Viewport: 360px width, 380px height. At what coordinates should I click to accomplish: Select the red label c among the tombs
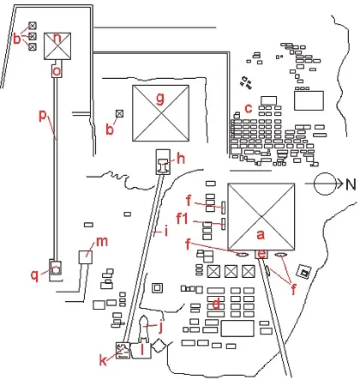(x=249, y=107)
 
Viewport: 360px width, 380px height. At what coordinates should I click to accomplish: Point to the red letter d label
(x=218, y=303)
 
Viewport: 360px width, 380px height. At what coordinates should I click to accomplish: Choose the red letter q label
(x=34, y=274)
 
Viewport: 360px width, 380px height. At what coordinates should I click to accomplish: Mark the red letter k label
(x=104, y=360)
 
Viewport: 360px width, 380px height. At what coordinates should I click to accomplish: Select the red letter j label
(x=159, y=326)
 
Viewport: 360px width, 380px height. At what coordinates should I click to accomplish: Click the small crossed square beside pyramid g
(x=119, y=113)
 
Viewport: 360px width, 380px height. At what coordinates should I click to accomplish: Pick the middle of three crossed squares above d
(x=231, y=270)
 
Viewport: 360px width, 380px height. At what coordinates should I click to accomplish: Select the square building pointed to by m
(x=85, y=256)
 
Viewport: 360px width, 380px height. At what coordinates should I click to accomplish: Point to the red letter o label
(x=57, y=72)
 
